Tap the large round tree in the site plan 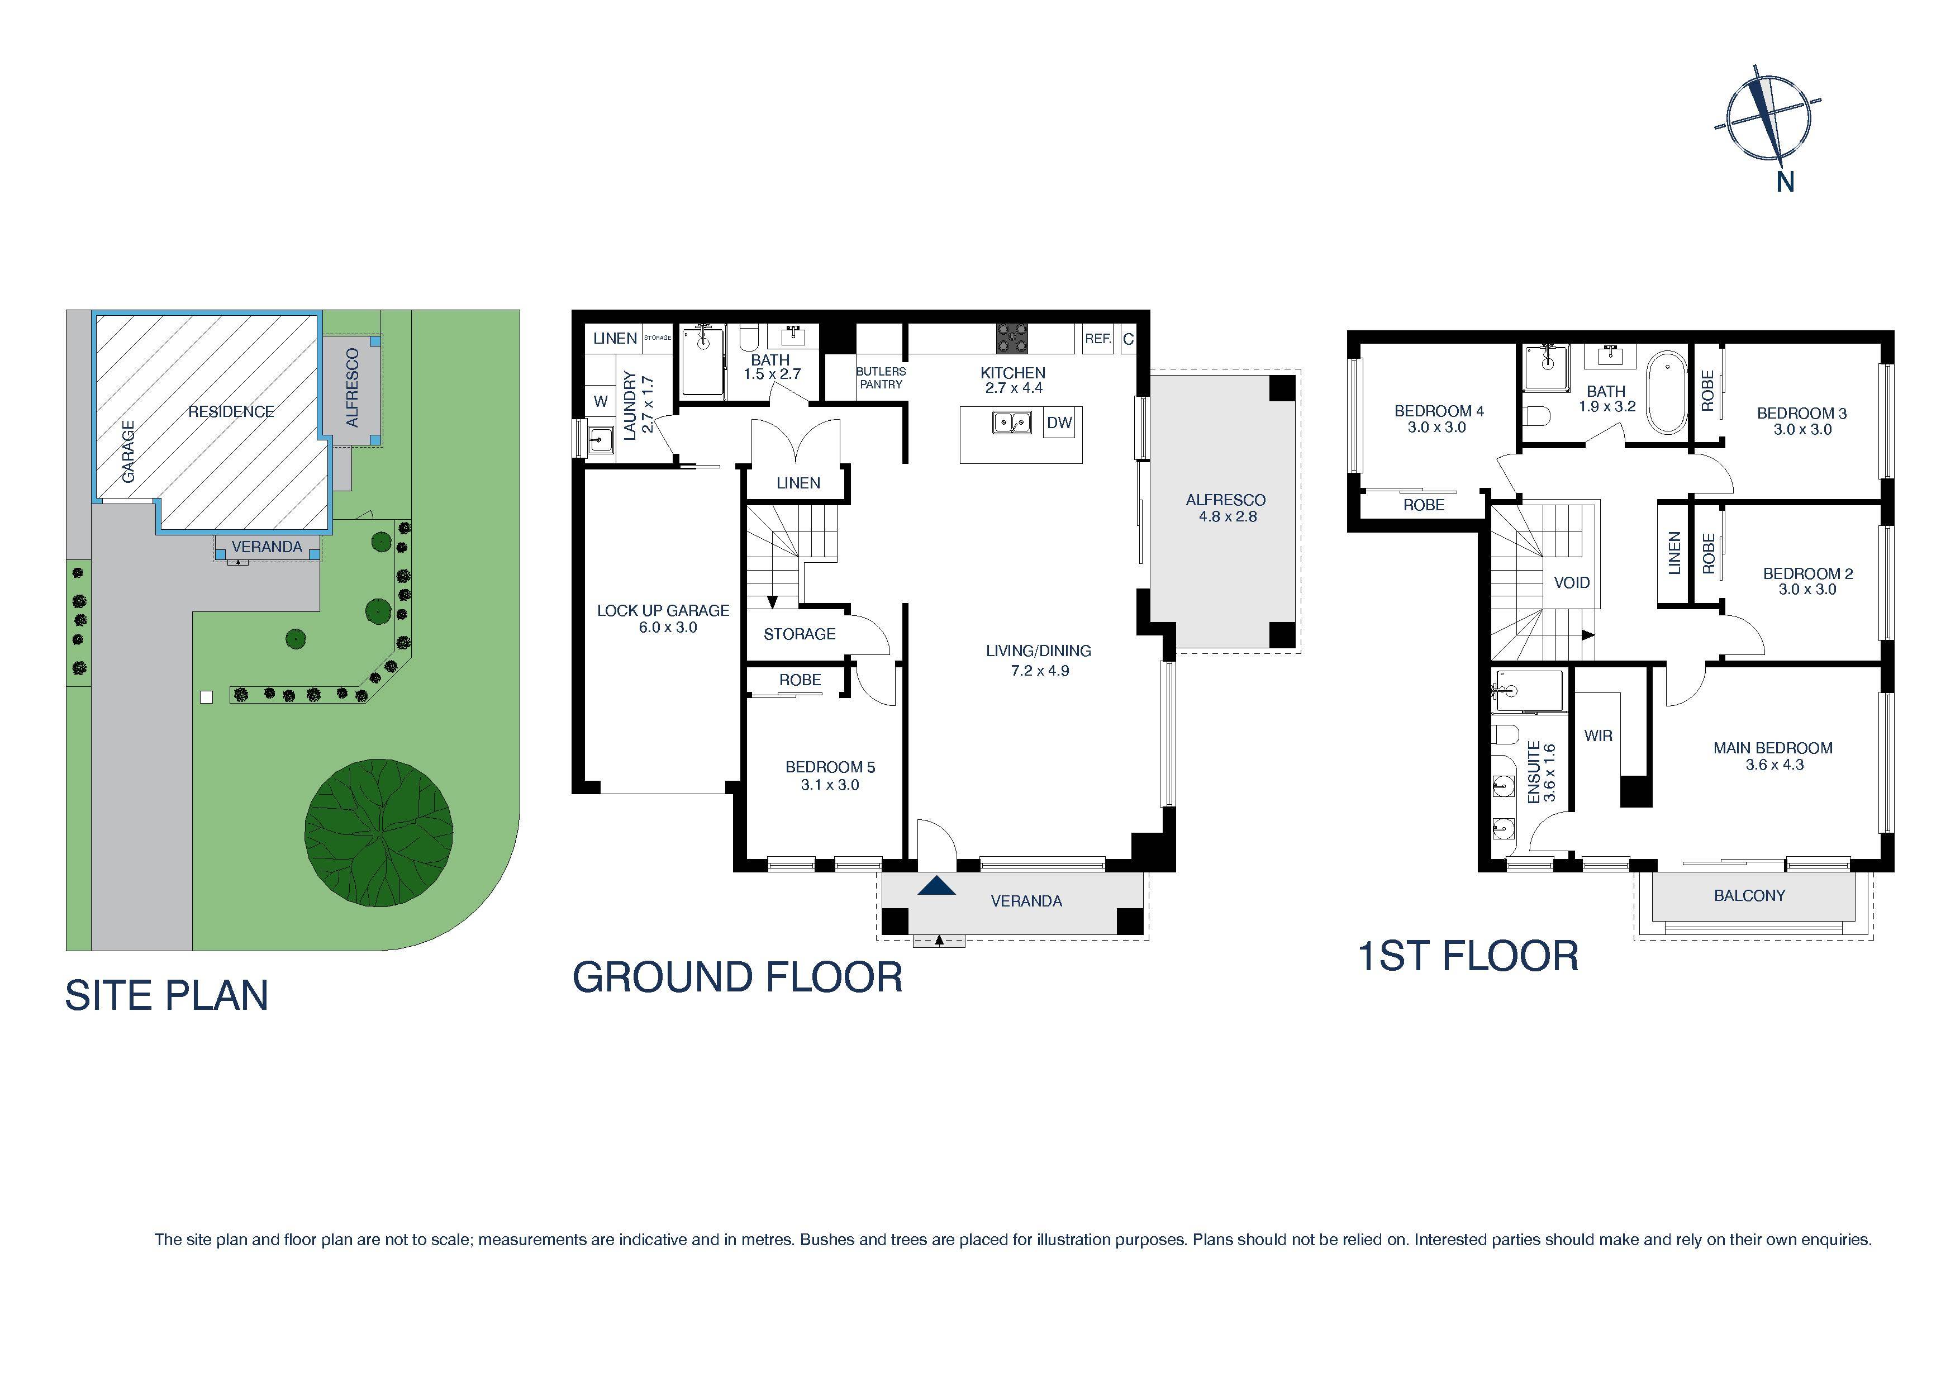click(378, 832)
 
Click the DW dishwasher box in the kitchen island click(1059, 423)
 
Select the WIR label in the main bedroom click(1598, 735)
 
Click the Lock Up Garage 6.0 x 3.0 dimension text click(668, 628)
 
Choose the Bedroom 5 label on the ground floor click(830, 767)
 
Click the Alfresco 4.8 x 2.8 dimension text click(1228, 516)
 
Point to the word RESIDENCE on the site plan click(231, 412)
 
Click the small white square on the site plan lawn click(206, 697)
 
